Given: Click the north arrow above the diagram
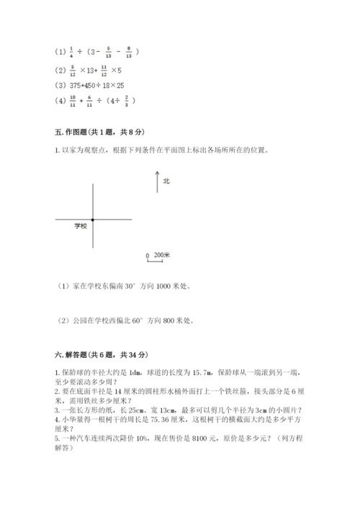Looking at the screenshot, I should pos(157,182).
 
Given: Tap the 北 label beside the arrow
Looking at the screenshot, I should pos(166,181).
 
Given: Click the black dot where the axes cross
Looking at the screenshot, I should pos(93,219).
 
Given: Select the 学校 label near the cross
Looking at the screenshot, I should pos(79,226).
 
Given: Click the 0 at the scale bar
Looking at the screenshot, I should pos(147,256).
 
